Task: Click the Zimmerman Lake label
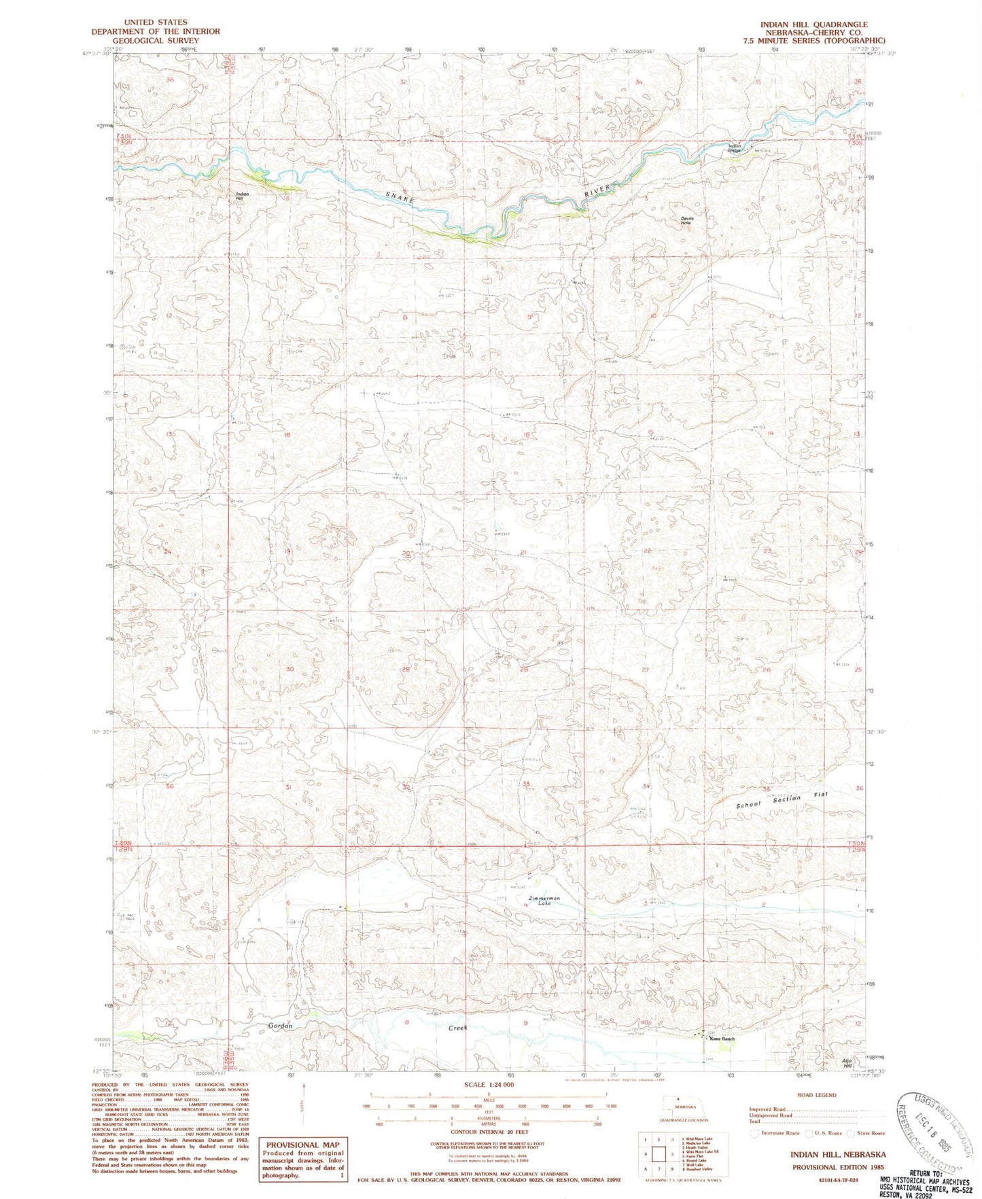click(544, 901)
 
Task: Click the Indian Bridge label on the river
click(734, 148)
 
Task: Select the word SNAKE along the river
click(400, 199)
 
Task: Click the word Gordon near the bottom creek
click(279, 1026)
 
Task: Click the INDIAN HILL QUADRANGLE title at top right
click(813, 24)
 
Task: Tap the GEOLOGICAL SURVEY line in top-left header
click(156, 40)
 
